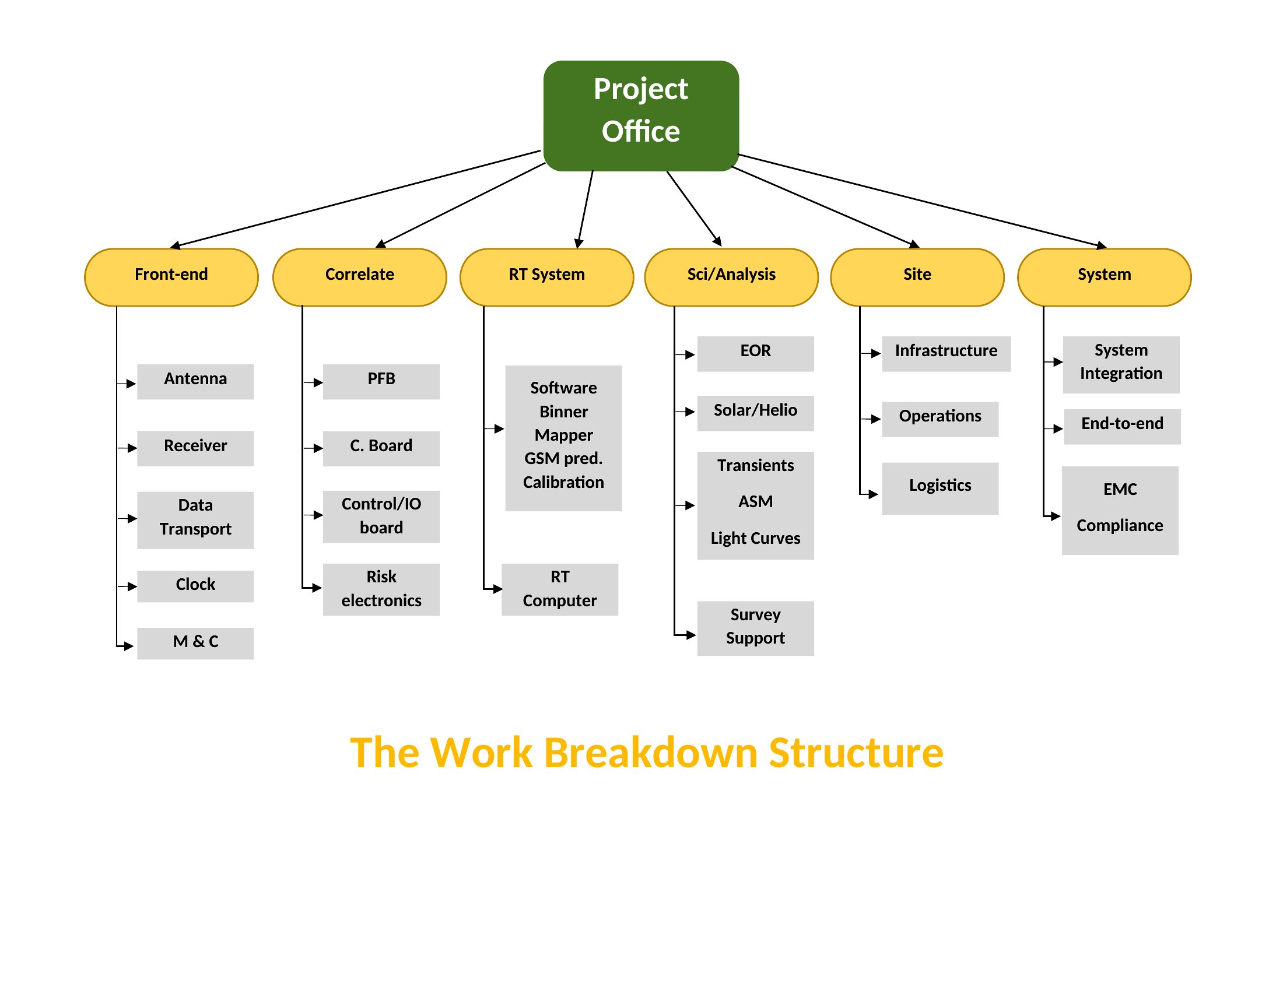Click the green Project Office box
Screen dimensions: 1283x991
[x=641, y=115]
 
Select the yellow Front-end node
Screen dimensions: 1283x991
[x=171, y=277]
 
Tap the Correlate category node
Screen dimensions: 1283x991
[x=359, y=277]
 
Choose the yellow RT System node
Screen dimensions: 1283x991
[x=547, y=277]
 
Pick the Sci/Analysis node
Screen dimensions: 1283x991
[x=731, y=277]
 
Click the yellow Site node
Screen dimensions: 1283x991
[x=917, y=277]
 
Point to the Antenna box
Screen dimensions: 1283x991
[x=195, y=382]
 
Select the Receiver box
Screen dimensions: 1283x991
[x=195, y=448]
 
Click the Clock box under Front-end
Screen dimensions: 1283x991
[x=195, y=586]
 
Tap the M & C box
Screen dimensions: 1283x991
[x=195, y=644]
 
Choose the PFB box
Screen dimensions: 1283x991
[x=381, y=382]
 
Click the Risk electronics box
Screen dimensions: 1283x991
[x=381, y=589]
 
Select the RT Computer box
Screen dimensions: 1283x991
[x=560, y=589]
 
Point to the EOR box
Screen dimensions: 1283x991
[x=755, y=354]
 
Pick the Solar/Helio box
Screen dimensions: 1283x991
[x=755, y=413]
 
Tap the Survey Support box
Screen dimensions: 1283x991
[x=755, y=628]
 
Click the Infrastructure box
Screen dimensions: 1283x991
[x=947, y=354]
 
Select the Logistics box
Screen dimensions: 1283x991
[x=941, y=489]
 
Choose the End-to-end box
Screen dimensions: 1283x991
[x=1123, y=427]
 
